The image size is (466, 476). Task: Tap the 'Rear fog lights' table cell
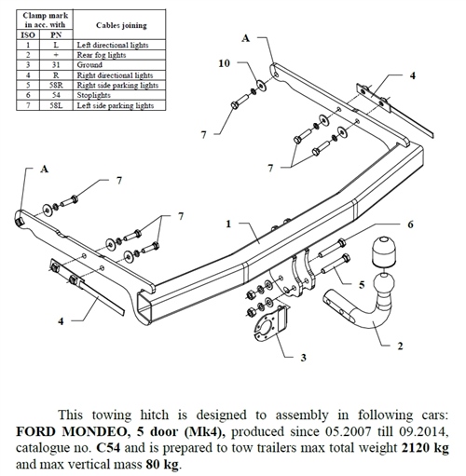tap(114, 54)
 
